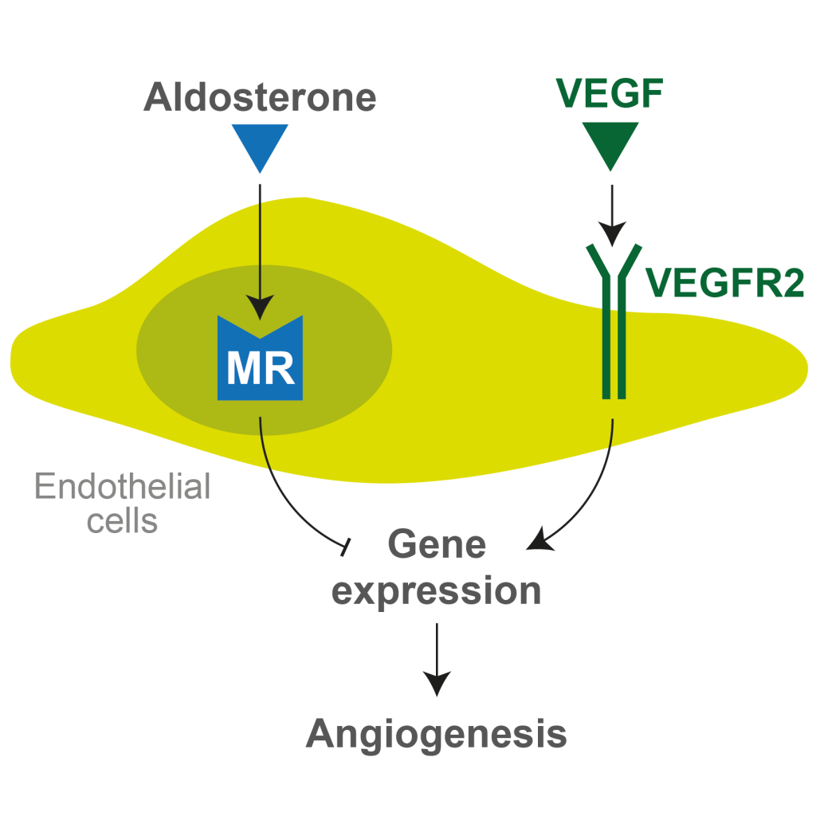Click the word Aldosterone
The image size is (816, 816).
260,97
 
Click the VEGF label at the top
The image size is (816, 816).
610,95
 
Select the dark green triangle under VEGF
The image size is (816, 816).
610,143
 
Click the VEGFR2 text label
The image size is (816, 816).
724,282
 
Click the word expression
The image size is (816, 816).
437,591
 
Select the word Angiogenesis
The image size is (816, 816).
437,734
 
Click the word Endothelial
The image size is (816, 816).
123,486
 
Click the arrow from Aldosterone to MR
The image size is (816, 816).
260,239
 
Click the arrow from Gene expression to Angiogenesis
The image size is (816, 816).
437,653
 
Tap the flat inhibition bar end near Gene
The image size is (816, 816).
345,547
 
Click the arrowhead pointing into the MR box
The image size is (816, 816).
260,307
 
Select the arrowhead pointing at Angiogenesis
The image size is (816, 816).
437,684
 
